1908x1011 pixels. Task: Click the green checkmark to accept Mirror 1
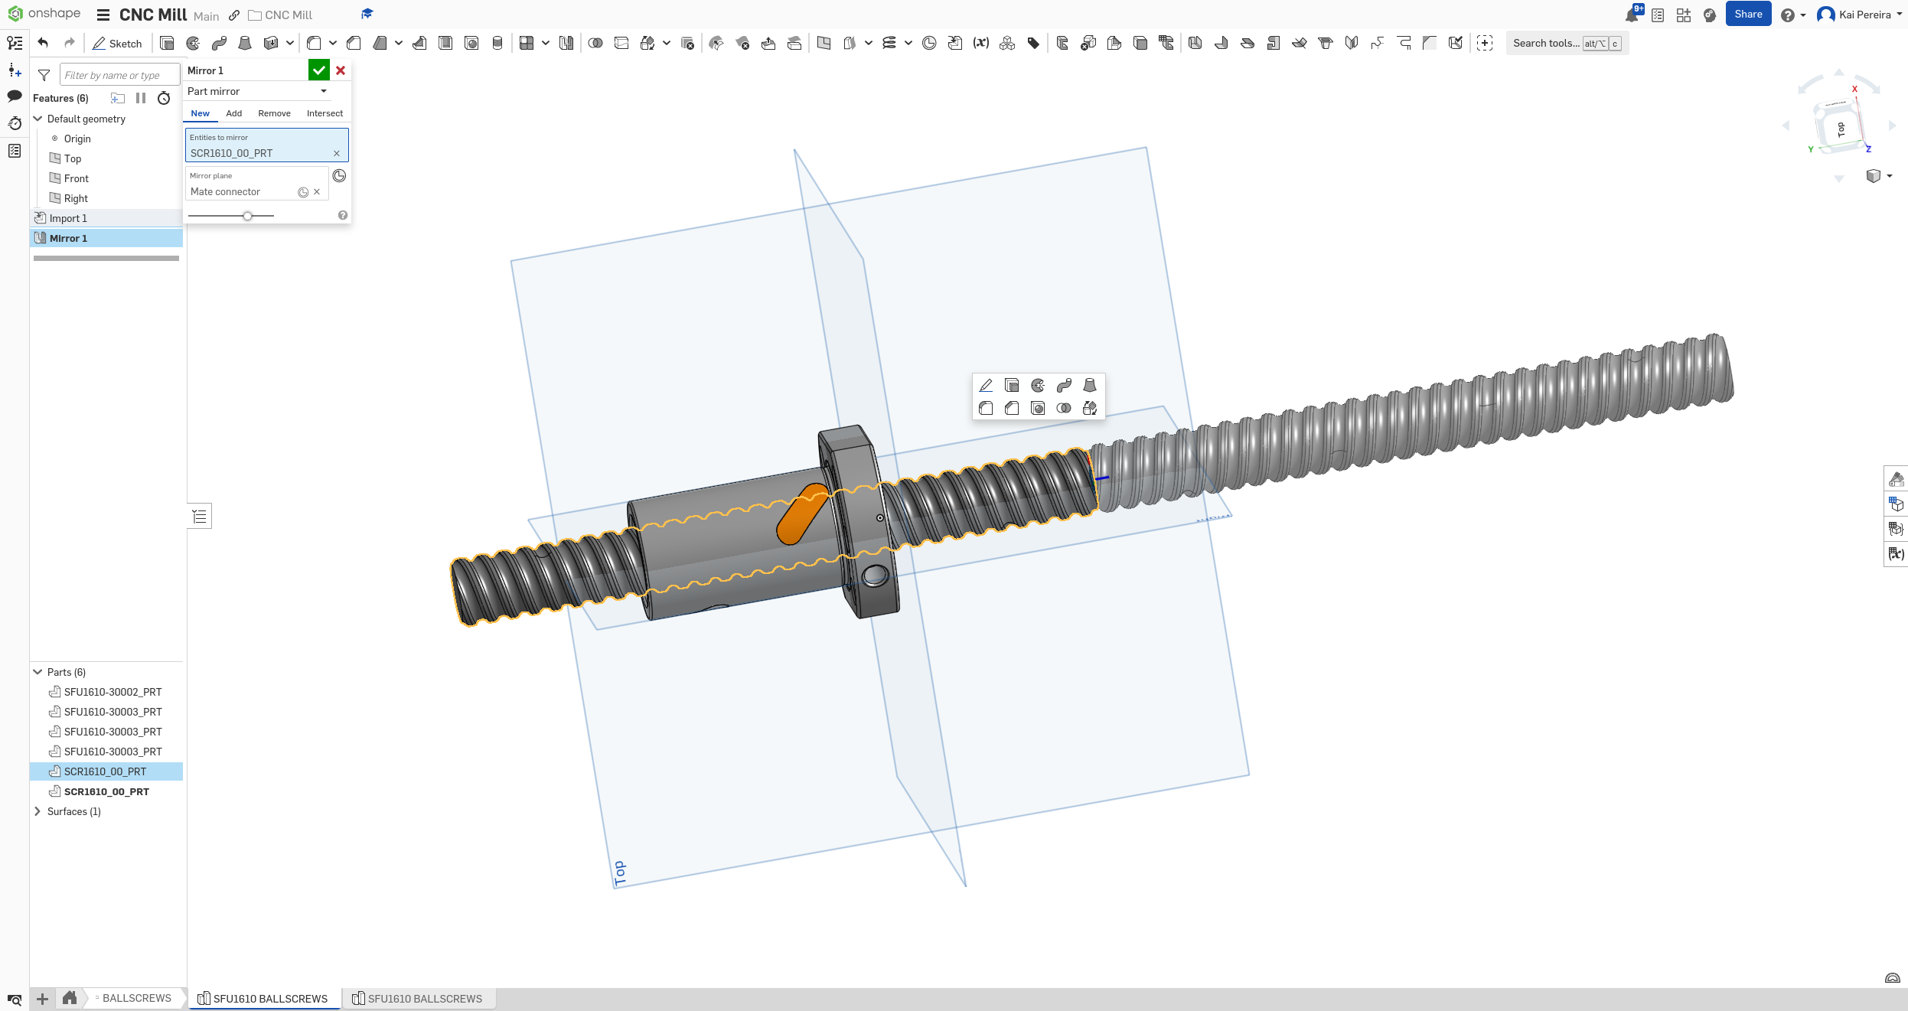(318, 70)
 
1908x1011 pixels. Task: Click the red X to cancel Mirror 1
(341, 70)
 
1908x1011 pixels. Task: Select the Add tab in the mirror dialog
(234, 113)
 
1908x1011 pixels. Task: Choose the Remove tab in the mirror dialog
(274, 113)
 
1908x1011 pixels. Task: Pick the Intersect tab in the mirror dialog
(325, 113)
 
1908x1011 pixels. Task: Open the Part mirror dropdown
(258, 91)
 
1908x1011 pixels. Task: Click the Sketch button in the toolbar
(117, 44)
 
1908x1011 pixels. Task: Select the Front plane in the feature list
(77, 178)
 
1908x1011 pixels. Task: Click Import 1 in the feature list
(68, 218)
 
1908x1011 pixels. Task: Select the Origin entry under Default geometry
(77, 139)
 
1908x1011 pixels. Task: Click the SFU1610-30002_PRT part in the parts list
(113, 692)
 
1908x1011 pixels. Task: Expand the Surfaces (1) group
(38, 811)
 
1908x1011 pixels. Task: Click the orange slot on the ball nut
(801, 514)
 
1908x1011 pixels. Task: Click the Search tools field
(1546, 44)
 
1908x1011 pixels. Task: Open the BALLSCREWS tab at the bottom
(136, 998)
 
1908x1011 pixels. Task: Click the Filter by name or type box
(119, 75)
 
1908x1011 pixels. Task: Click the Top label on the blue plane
(620, 872)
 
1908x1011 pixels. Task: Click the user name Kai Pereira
(1864, 15)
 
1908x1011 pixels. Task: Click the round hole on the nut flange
(874, 575)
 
